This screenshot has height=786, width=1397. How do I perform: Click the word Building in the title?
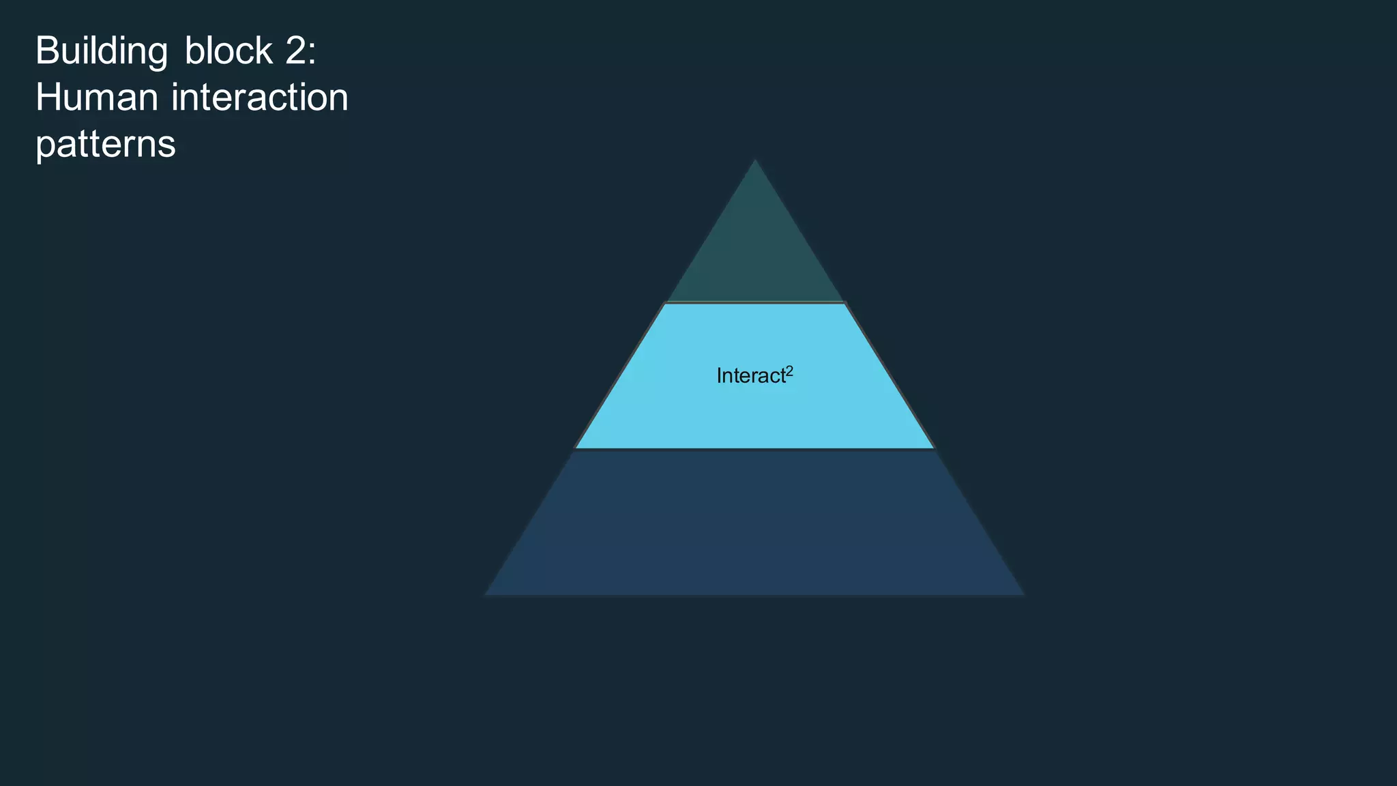[101, 51]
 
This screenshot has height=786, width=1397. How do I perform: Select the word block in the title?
[229, 51]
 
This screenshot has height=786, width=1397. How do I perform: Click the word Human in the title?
[97, 98]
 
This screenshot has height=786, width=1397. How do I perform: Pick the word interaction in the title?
[260, 98]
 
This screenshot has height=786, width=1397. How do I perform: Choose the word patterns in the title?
[106, 145]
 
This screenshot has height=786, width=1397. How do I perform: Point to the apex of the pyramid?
[755, 161]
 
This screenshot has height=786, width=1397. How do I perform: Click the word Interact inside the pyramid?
[750, 376]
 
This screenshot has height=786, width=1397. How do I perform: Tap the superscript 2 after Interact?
[790, 370]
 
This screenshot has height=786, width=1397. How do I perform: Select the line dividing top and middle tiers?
[755, 302]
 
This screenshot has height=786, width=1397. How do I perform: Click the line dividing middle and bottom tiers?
[754, 449]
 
